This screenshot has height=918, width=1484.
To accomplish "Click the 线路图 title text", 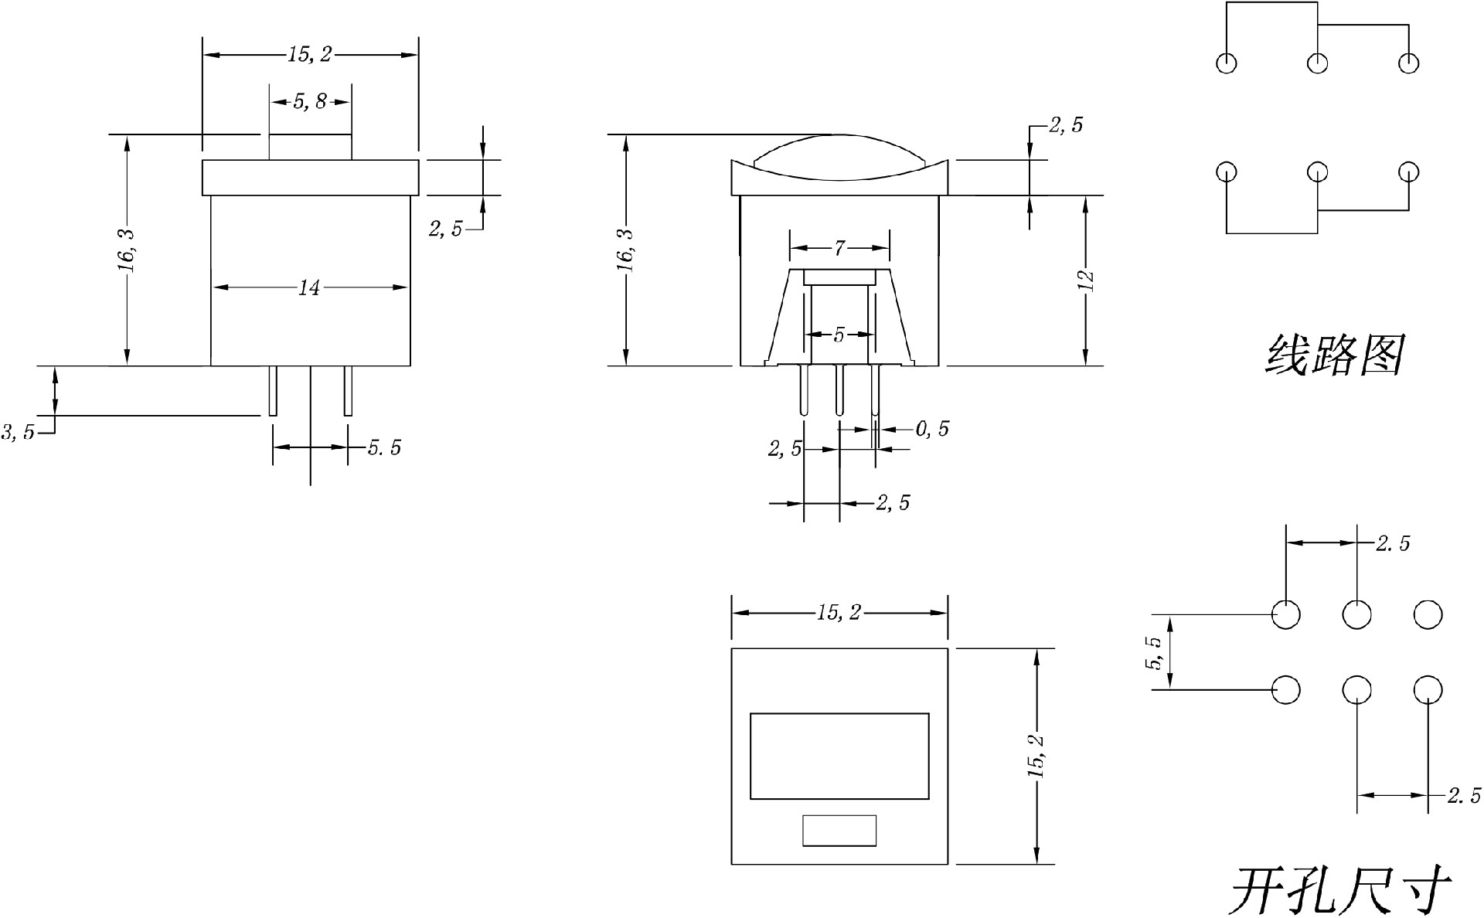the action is (x=1334, y=355).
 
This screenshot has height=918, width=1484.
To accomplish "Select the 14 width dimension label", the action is (x=309, y=288).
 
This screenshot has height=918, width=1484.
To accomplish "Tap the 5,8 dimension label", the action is (x=310, y=101).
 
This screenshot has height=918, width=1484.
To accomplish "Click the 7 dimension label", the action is (x=839, y=248).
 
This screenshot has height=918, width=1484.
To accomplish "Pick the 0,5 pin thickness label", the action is (x=932, y=429).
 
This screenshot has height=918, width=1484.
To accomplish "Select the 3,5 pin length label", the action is (x=18, y=432).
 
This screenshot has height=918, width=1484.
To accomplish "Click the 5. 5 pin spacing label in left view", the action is (x=384, y=447).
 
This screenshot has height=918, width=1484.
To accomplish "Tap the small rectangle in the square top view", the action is (x=839, y=831).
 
